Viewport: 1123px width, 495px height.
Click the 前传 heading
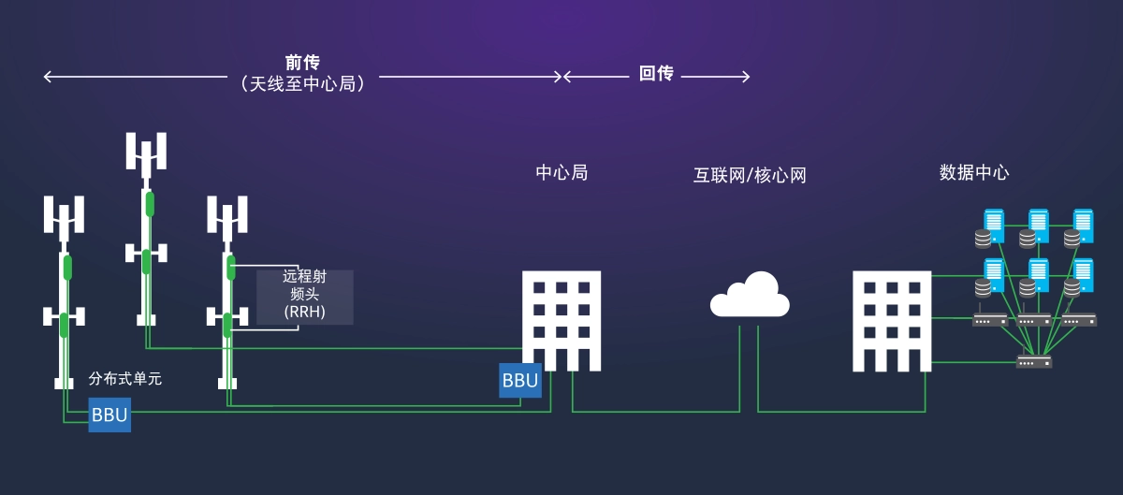(302, 63)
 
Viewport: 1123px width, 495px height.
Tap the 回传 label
(656, 74)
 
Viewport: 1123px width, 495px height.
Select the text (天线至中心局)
(302, 84)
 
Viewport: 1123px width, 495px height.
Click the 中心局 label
(561, 172)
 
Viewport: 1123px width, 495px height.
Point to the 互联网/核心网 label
(750, 176)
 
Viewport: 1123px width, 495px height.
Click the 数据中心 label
(974, 172)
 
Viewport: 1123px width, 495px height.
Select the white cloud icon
(750, 295)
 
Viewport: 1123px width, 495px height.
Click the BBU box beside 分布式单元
(109, 415)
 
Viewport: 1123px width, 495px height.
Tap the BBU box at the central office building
(520, 380)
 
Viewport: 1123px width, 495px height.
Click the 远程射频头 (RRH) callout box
(305, 297)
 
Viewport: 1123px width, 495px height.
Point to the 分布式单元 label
(124, 379)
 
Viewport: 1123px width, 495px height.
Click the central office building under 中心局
(561, 321)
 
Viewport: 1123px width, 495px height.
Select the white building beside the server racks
(892, 321)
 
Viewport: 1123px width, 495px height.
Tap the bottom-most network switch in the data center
(1034, 361)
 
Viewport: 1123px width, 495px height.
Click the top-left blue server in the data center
(994, 226)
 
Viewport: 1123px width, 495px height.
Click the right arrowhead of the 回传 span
(746, 77)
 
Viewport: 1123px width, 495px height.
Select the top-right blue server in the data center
(1083, 226)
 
